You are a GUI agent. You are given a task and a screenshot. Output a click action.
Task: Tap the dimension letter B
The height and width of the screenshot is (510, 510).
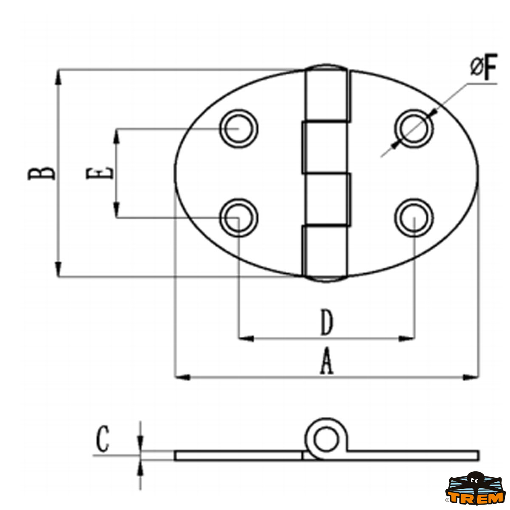[42, 174]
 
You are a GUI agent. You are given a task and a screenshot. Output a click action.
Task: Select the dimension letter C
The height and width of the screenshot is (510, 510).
[102, 439]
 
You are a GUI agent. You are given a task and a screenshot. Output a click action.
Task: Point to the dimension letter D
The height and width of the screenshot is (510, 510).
[327, 322]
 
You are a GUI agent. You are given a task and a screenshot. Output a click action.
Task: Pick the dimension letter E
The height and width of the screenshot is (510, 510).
[99, 173]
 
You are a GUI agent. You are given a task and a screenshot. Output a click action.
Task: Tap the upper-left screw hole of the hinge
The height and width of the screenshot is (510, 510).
[239, 129]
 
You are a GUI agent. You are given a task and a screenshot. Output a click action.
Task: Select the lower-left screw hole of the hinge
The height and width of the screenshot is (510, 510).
[239, 218]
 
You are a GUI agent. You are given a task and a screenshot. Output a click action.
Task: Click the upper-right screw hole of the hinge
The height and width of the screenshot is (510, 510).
[414, 129]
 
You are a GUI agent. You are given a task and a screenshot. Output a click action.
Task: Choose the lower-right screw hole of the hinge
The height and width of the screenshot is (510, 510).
[414, 218]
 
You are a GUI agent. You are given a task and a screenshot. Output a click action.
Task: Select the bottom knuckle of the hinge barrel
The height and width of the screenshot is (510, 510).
[324, 253]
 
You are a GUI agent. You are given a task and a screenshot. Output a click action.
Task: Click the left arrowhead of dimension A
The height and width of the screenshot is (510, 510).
[183, 377]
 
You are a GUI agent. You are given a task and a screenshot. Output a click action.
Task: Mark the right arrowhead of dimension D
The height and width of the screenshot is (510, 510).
[407, 338]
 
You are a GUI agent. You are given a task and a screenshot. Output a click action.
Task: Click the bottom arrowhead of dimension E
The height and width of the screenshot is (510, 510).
[116, 210]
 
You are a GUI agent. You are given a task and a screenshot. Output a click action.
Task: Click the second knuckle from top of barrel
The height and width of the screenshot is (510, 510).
[324, 147]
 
